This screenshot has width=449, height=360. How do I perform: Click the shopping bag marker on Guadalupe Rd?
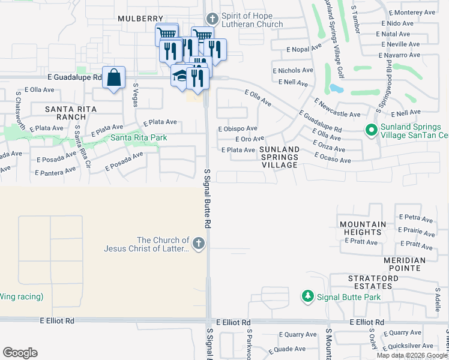point(113,78)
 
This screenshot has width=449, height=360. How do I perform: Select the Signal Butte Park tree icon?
point(307,296)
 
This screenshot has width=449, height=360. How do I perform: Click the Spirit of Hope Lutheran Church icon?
point(211,19)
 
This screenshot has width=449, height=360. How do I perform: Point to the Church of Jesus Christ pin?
point(199,244)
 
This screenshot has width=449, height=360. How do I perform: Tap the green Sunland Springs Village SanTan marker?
point(371,129)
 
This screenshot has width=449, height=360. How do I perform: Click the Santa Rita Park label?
point(138,138)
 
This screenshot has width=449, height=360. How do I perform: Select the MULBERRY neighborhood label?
point(140,19)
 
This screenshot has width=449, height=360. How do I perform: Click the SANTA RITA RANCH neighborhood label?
point(67,112)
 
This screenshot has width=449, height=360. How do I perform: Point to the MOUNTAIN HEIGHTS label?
point(363,228)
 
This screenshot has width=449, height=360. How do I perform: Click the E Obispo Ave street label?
point(238,128)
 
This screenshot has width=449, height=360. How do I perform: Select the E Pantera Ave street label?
point(55,172)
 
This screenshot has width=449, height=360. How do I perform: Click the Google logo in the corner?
point(20,353)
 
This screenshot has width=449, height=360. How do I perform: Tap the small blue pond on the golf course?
point(337,89)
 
